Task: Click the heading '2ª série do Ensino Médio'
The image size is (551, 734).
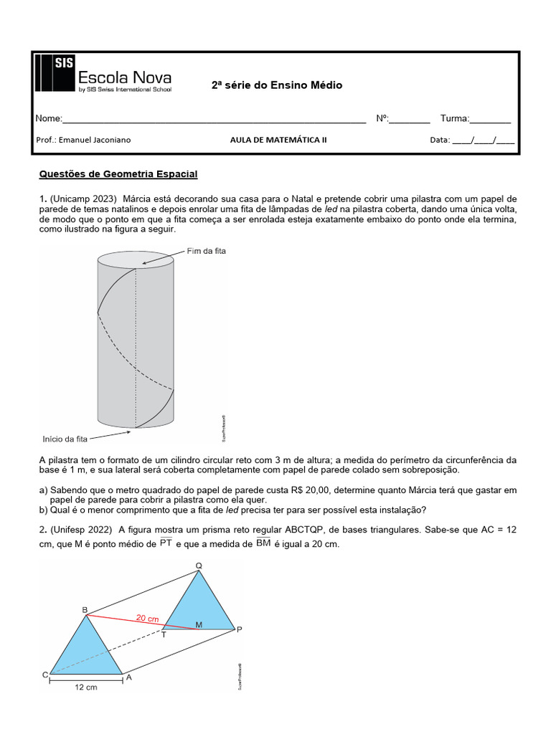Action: point(276,85)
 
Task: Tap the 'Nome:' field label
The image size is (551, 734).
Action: point(49,118)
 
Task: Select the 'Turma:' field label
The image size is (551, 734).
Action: point(454,118)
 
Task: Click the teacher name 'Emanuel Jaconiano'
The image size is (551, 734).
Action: point(95,140)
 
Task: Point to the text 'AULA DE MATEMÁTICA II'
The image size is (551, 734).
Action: point(278,140)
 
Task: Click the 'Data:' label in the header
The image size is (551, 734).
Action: point(440,140)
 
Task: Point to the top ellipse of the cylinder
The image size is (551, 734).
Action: point(135,259)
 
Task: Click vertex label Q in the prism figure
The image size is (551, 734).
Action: point(199,566)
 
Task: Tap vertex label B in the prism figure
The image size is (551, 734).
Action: point(85,610)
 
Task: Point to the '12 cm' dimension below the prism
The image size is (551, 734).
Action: point(85,687)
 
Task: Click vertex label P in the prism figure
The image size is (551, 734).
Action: point(240,629)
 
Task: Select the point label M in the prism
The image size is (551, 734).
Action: point(199,624)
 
